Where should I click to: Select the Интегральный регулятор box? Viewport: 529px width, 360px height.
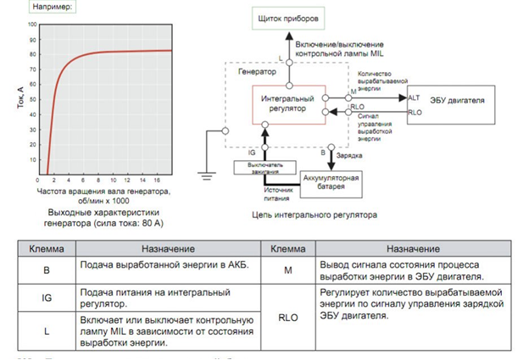[x=288, y=103]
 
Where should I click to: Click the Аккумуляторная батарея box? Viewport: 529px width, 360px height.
[x=331, y=181]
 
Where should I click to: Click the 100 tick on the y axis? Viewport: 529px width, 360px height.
[x=33, y=24]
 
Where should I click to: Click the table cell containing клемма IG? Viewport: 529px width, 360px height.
[x=47, y=297]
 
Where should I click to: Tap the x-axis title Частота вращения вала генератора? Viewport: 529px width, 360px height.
[x=104, y=192]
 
